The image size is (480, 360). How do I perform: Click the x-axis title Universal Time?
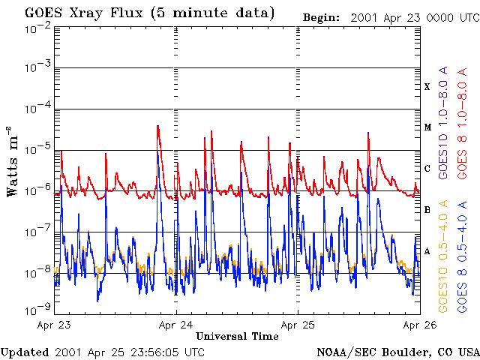236,336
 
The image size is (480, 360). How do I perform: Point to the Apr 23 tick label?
54,325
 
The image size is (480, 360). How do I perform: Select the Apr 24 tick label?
176,325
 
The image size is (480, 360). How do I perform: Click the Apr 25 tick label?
298,325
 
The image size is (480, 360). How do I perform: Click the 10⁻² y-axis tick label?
37,27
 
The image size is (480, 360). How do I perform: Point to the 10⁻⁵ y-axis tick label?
37,150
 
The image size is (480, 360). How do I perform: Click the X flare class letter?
427,87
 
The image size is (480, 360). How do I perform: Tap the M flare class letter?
427,127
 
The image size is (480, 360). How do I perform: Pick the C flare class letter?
427,169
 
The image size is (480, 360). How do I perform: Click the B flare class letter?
427,210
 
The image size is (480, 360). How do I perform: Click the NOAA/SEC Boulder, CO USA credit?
397,352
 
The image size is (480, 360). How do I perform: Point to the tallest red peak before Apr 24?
157,126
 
